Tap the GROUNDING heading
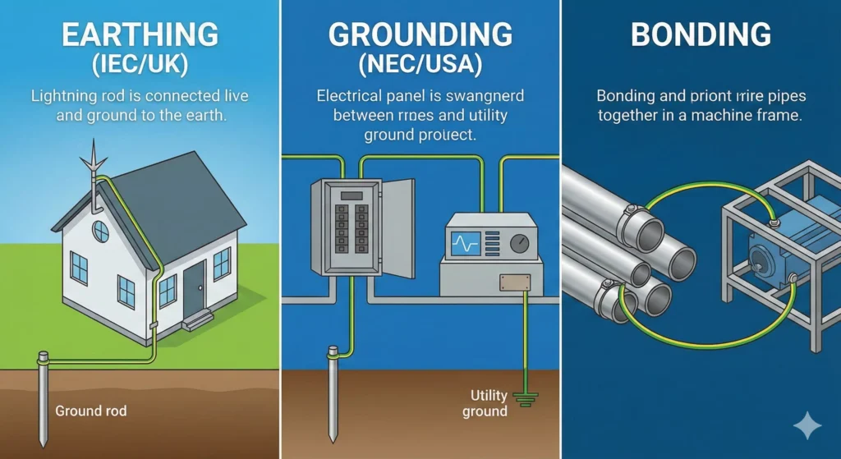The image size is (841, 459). click(420, 35)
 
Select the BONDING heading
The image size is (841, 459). click(701, 35)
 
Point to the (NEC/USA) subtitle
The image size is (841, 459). click(420, 64)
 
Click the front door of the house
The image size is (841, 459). click(194, 289)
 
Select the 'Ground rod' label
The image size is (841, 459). click(90, 410)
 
